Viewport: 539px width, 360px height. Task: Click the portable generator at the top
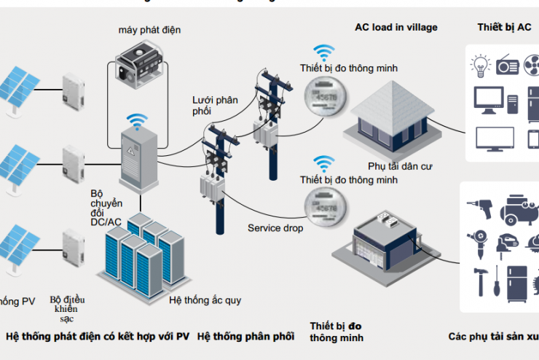[149, 63]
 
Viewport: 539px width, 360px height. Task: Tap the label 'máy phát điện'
[149, 30]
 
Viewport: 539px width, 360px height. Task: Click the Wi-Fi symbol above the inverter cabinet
[135, 120]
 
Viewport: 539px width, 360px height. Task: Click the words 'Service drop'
[275, 228]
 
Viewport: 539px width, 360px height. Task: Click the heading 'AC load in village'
[396, 28]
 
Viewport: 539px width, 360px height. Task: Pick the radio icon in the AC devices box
[508, 66]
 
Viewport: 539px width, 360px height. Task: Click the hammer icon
[479, 280]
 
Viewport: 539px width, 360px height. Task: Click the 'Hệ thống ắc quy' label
[205, 300]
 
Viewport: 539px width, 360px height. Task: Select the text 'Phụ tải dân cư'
[400, 166]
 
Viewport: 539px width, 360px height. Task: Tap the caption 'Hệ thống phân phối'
[245, 336]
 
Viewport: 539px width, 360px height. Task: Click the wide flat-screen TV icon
[489, 138]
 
